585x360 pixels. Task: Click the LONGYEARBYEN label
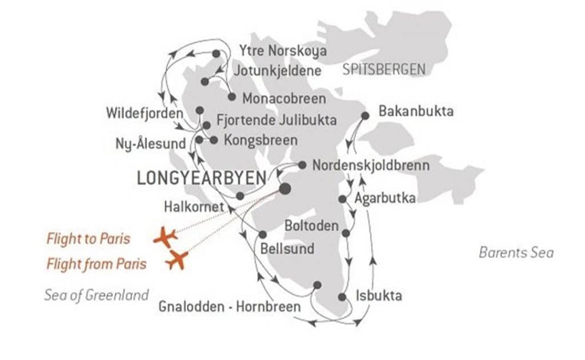click(202, 178)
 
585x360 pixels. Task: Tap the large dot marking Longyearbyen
click(284, 189)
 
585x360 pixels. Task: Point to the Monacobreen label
click(284, 98)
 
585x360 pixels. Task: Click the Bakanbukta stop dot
click(366, 115)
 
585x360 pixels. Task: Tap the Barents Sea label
click(516, 253)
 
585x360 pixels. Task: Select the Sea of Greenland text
click(97, 295)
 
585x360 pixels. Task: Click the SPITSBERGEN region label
click(384, 70)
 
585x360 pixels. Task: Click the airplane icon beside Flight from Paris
click(178, 260)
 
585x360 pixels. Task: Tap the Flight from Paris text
click(96, 263)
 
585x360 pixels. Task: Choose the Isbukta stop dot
click(342, 297)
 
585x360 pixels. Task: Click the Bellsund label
click(287, 249)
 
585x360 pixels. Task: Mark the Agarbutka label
click(384, 199)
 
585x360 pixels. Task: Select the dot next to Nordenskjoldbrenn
click(302, 165)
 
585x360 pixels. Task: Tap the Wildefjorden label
click(145, 113)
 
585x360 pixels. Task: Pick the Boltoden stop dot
click(345, 233)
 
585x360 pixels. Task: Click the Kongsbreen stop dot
click(214, 139)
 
